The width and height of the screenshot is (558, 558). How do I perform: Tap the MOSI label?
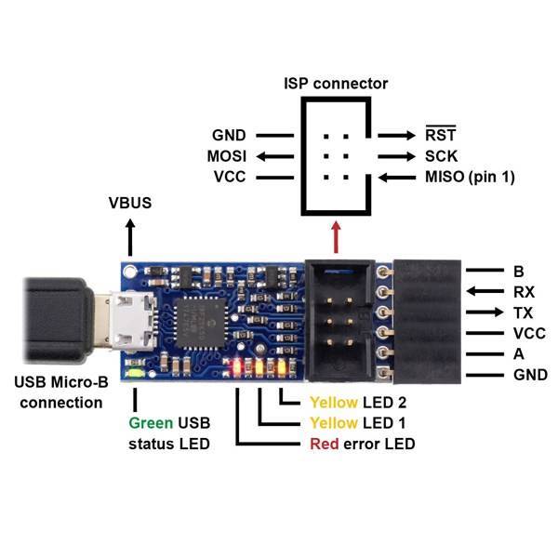[x=226, y=155]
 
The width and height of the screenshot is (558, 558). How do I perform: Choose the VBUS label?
[x=130, y=202]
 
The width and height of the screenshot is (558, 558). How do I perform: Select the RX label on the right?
[x=523, y=292]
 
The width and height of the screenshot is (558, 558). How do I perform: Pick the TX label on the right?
[x=523, y=312]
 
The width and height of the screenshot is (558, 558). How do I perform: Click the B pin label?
[x=518, y=272]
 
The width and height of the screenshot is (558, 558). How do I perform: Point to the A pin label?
[x=518, y=353]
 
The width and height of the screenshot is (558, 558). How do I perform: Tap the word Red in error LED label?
[x=325, y=444]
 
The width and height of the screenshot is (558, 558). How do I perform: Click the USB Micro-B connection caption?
[x=61, y=392]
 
